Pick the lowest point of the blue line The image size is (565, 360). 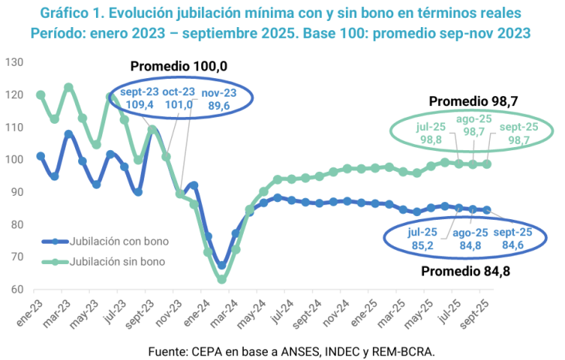221,265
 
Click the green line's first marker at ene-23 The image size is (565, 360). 40,95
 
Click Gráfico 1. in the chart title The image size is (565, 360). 67,14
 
